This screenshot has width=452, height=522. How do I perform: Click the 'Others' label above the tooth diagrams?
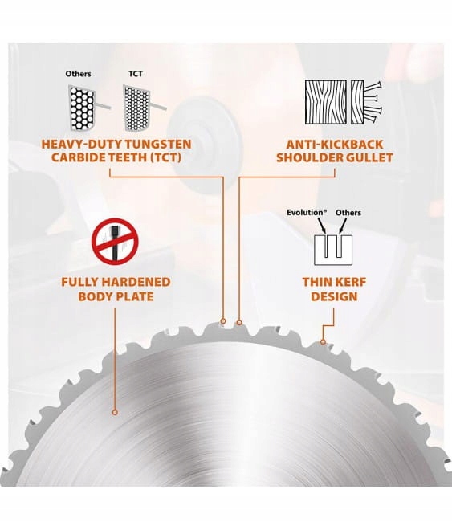click(x=78, y=74)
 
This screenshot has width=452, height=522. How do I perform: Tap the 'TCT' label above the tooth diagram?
click(x=136, y=74)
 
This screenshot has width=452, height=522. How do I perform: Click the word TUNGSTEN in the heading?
click(x=158, y=145)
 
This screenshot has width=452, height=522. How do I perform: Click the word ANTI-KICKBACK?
click(x=335, y=145)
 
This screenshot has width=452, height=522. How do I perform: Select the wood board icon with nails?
click(x=344, y=102)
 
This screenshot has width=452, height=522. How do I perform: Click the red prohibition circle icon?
click(x=115, y=242)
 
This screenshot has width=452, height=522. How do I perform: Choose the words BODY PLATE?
click(x=116, y=296)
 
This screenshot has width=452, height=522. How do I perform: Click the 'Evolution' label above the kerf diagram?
click(x=307, y=212)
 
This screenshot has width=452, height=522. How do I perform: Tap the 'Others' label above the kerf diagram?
click(x=348, y=212)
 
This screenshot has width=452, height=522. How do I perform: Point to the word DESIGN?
click(x=334, y=296)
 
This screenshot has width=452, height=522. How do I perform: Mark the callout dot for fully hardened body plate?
click(x=115, y=412)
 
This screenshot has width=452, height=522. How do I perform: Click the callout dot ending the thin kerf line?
click(x=323, y=342)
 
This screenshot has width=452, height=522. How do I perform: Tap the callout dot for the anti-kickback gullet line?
click(x=239, y=323)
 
